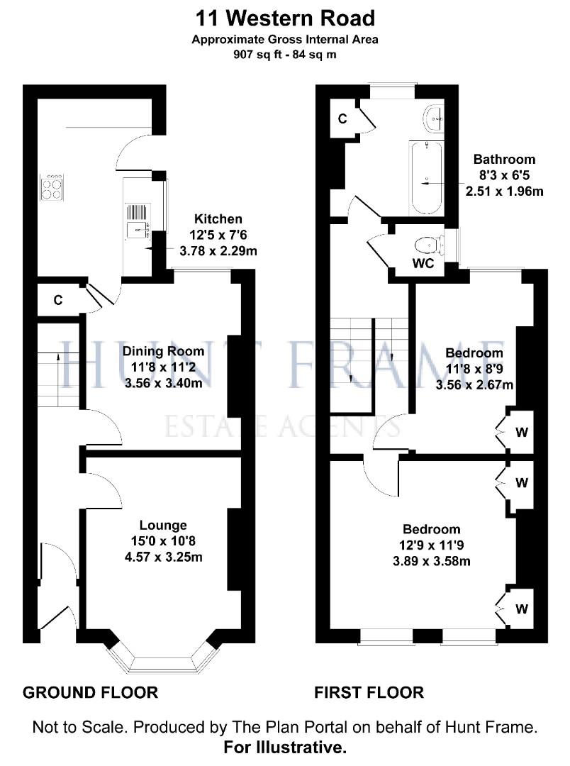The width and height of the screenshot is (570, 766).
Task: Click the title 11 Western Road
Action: click(x=284, y=17)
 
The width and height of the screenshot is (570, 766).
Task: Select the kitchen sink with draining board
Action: click(x=135, y=220)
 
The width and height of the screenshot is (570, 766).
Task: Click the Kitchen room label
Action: click(x=218, y=219)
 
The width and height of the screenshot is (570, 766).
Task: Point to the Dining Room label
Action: click(x=163, y=350)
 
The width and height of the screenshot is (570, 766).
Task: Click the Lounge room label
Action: click(x=163, y=526)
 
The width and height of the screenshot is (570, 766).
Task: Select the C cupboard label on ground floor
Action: click(x=58, y=300)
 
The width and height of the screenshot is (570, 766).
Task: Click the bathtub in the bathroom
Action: click(x=427, y=178)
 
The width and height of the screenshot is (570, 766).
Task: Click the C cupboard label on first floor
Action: click(x=342, y=118)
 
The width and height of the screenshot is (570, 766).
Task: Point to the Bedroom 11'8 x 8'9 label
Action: click(x=474, y=353)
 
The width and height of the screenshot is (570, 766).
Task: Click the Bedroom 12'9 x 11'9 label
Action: click(x=431, y=529)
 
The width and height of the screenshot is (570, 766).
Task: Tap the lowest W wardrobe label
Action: click(x=521, y=609)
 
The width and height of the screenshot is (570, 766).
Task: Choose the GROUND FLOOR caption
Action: click(x=90, y=692)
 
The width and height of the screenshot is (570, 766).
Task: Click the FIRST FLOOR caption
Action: click(x=369, y=692)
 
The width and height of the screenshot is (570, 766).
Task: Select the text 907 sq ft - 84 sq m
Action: click(x=284, y=53)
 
